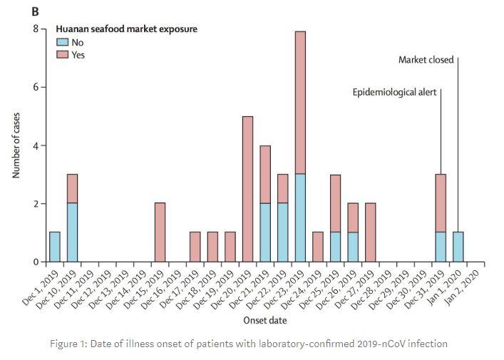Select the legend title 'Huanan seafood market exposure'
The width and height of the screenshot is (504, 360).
pyautogui.click(x=127, y=29)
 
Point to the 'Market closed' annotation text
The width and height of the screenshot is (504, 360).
pyautogui.click(x=426, y=60)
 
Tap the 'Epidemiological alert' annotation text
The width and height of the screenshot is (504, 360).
pyautogui.click(x=394, y=92)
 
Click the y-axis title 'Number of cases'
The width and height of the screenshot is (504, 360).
pyautogui.click(x=16, y=145)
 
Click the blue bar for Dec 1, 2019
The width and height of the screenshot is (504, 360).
pyautogui.click(x=55, y=247)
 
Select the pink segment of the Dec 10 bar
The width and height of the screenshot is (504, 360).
pyautogui.click(x=72, y=189)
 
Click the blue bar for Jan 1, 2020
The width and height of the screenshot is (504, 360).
pyautogui.click(x=458, y=247)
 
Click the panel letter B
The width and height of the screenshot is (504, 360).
pyautogui.click(x=32, y=11)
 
